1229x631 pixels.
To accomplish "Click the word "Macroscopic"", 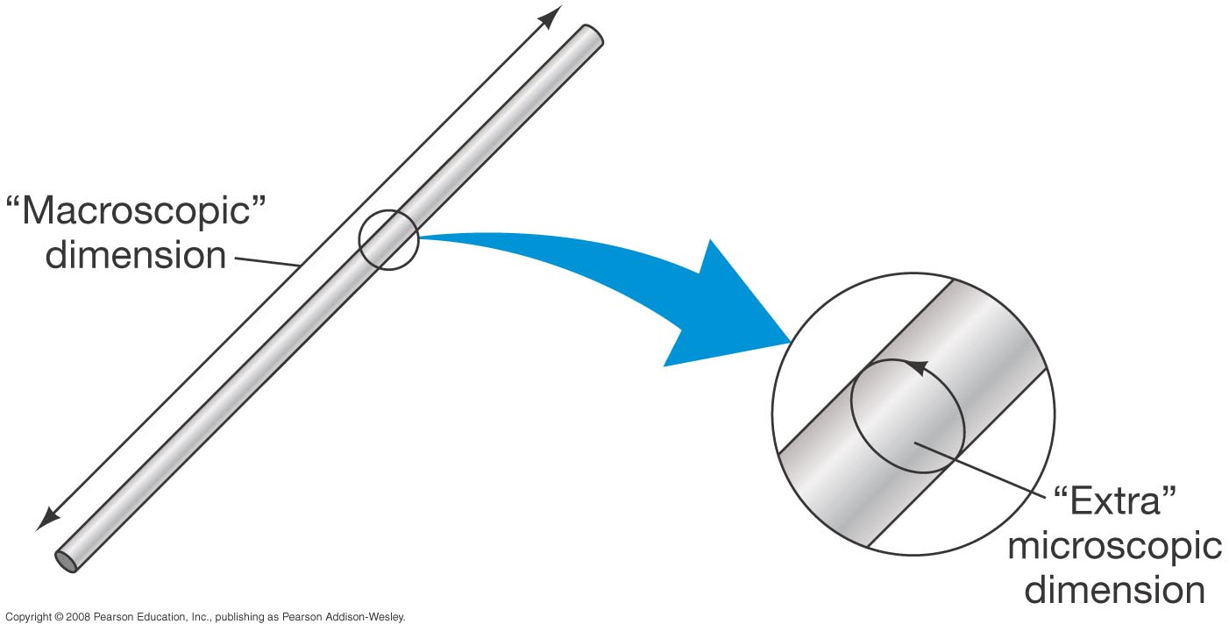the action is click(x=136, y=211).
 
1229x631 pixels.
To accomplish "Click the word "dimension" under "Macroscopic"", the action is click(x=136, y=255).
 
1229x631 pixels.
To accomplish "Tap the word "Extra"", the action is click(x=1115, y=501).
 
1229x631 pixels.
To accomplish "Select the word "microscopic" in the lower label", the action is click(x=1115, y=547).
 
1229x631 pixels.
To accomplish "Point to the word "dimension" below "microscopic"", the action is click(x=1115, y=589).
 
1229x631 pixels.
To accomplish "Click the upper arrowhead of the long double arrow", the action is click(x=551, y=17).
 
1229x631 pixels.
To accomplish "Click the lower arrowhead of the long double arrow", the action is click(x=48, y=519).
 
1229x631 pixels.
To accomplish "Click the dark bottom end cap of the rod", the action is click(x=66, y=561).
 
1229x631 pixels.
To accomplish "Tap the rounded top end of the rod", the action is click(x=593, y=34).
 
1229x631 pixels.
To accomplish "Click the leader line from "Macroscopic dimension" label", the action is click(x=267, y=262).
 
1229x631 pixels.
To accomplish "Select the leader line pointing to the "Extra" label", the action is click(x=980, y=470).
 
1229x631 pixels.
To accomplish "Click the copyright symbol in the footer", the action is click(x=58, y=617).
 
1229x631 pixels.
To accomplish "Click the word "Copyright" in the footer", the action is click(x=27, y=617).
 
